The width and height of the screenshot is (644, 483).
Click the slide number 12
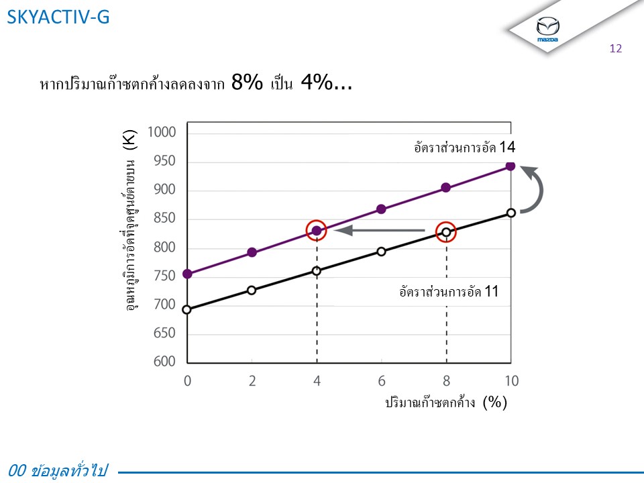click(616, 48)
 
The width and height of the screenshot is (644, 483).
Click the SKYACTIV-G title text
click(58, 17)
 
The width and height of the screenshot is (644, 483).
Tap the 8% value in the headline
click(246, 84)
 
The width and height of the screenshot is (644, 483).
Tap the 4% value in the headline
click(316, 84)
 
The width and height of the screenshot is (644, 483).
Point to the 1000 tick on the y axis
click(162, 132)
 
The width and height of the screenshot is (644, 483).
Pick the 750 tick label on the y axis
click(162, 276)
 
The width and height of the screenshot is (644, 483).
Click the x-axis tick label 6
click(381, 381)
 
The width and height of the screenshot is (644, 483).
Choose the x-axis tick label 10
click(511, 381)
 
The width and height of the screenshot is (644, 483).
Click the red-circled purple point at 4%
click(317, 231)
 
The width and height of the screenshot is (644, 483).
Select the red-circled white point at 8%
click(446, 232)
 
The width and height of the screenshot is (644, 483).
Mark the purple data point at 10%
click(511, 166)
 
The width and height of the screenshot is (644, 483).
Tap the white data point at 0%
click(187, 309)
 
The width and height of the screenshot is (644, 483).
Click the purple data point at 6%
click(381, 209)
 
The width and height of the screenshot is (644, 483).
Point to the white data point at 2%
click(252, 290)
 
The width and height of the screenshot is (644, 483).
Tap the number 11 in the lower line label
click(492, 292)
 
